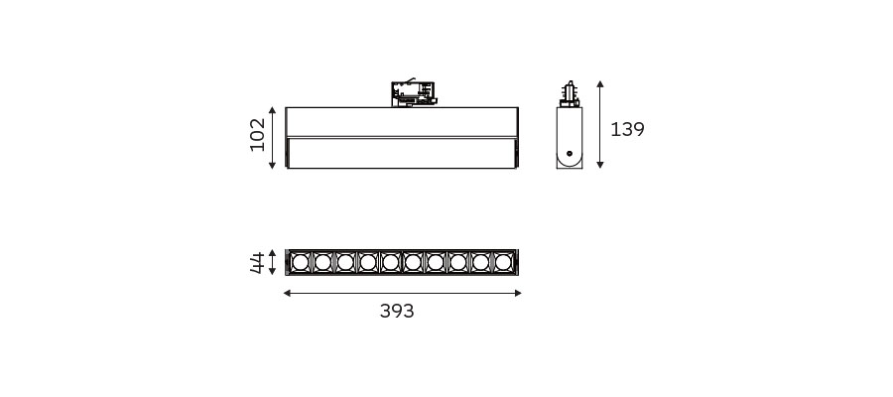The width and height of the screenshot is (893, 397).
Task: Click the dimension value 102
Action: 257,134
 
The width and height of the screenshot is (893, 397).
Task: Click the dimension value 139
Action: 627,130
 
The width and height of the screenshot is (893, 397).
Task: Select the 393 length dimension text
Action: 397,311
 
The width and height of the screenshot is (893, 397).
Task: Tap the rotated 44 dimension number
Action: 257,263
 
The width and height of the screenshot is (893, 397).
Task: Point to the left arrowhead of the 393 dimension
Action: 287,294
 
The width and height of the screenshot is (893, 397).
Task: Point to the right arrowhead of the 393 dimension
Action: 518,294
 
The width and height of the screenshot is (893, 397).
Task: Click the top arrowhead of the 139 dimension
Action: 599,83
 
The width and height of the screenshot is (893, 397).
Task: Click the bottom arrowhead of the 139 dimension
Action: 599,165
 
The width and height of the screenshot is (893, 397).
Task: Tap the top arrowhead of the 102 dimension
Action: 272,110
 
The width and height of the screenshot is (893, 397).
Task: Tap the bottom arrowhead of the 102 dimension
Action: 272,165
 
